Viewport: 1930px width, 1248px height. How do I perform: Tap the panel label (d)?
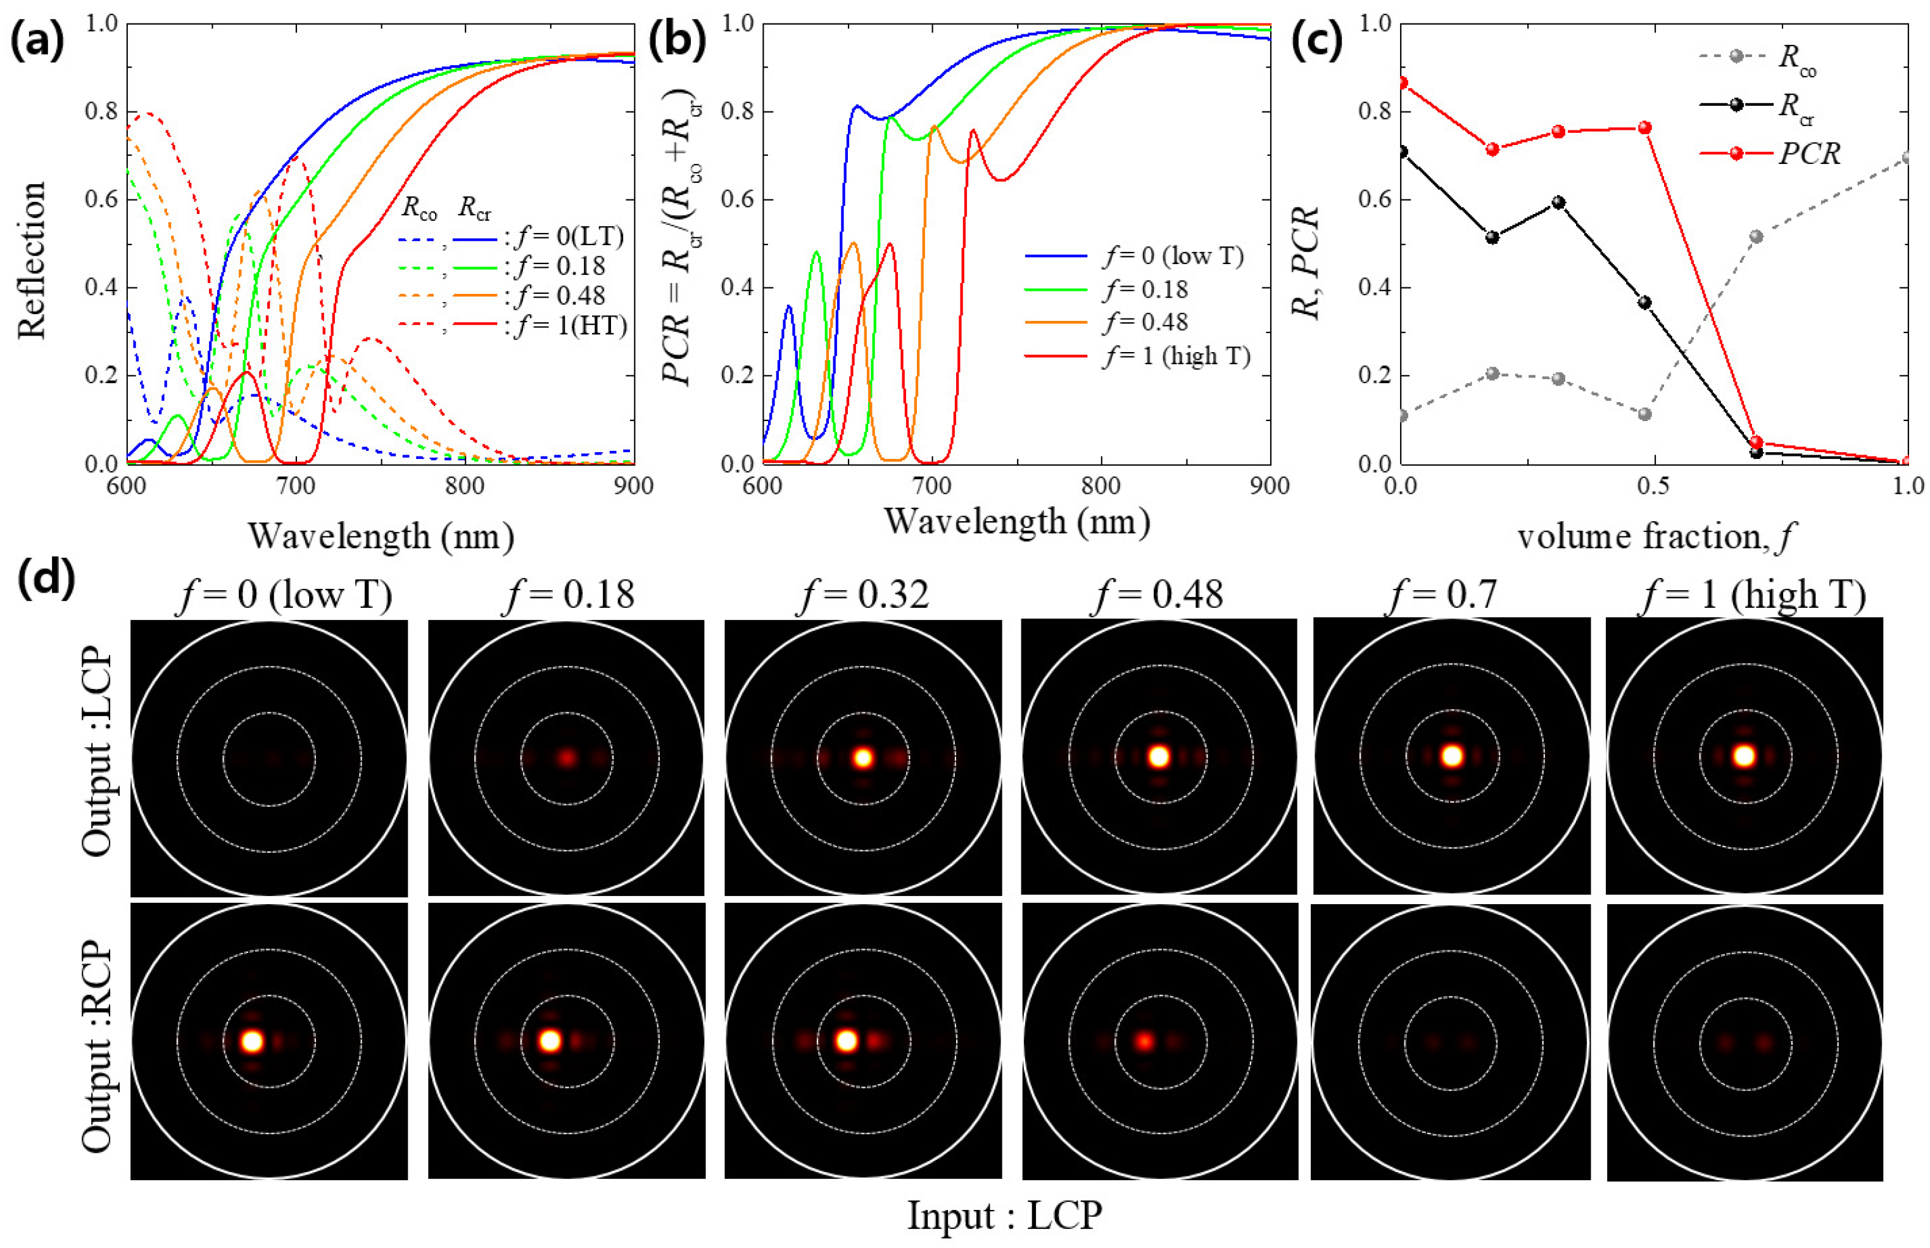click(46, 579)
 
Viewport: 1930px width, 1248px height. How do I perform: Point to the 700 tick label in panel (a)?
click(295, 486)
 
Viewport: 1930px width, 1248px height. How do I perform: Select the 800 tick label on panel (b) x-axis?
click(1101, 486)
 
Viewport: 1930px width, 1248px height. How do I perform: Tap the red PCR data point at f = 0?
click(1403, 84)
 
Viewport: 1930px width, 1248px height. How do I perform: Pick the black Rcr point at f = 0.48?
click(1644, 302)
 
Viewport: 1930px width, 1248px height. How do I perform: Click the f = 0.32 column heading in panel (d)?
click(864, 596)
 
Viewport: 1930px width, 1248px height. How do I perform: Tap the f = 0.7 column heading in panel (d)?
click(1442, 596)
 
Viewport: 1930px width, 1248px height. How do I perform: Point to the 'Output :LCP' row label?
click(98, 752)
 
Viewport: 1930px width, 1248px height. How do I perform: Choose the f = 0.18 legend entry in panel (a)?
click(559, 267)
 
